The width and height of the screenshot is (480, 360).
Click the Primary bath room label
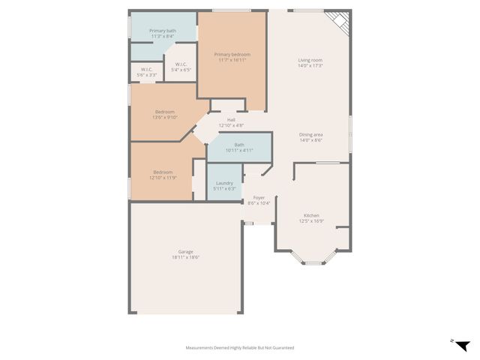pos(162,31)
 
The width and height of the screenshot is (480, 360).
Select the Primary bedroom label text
pos(232,54)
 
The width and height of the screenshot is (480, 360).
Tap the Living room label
pos(310,60)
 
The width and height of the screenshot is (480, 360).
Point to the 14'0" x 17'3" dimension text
pos(310,66)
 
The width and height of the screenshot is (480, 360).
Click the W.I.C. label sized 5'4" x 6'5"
pos(181,64)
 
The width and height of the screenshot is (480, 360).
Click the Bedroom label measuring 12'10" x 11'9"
pos(163,172)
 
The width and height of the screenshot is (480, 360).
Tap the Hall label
pos(232,119)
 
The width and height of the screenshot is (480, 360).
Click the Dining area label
pos(310,134)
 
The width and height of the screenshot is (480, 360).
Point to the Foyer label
pos(259,197)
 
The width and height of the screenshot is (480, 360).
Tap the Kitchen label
pos(311,215)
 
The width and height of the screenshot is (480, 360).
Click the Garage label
pos(185,251)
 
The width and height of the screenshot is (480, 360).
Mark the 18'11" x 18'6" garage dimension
pos(185,257)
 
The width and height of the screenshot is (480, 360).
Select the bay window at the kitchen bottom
pos(313,260)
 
